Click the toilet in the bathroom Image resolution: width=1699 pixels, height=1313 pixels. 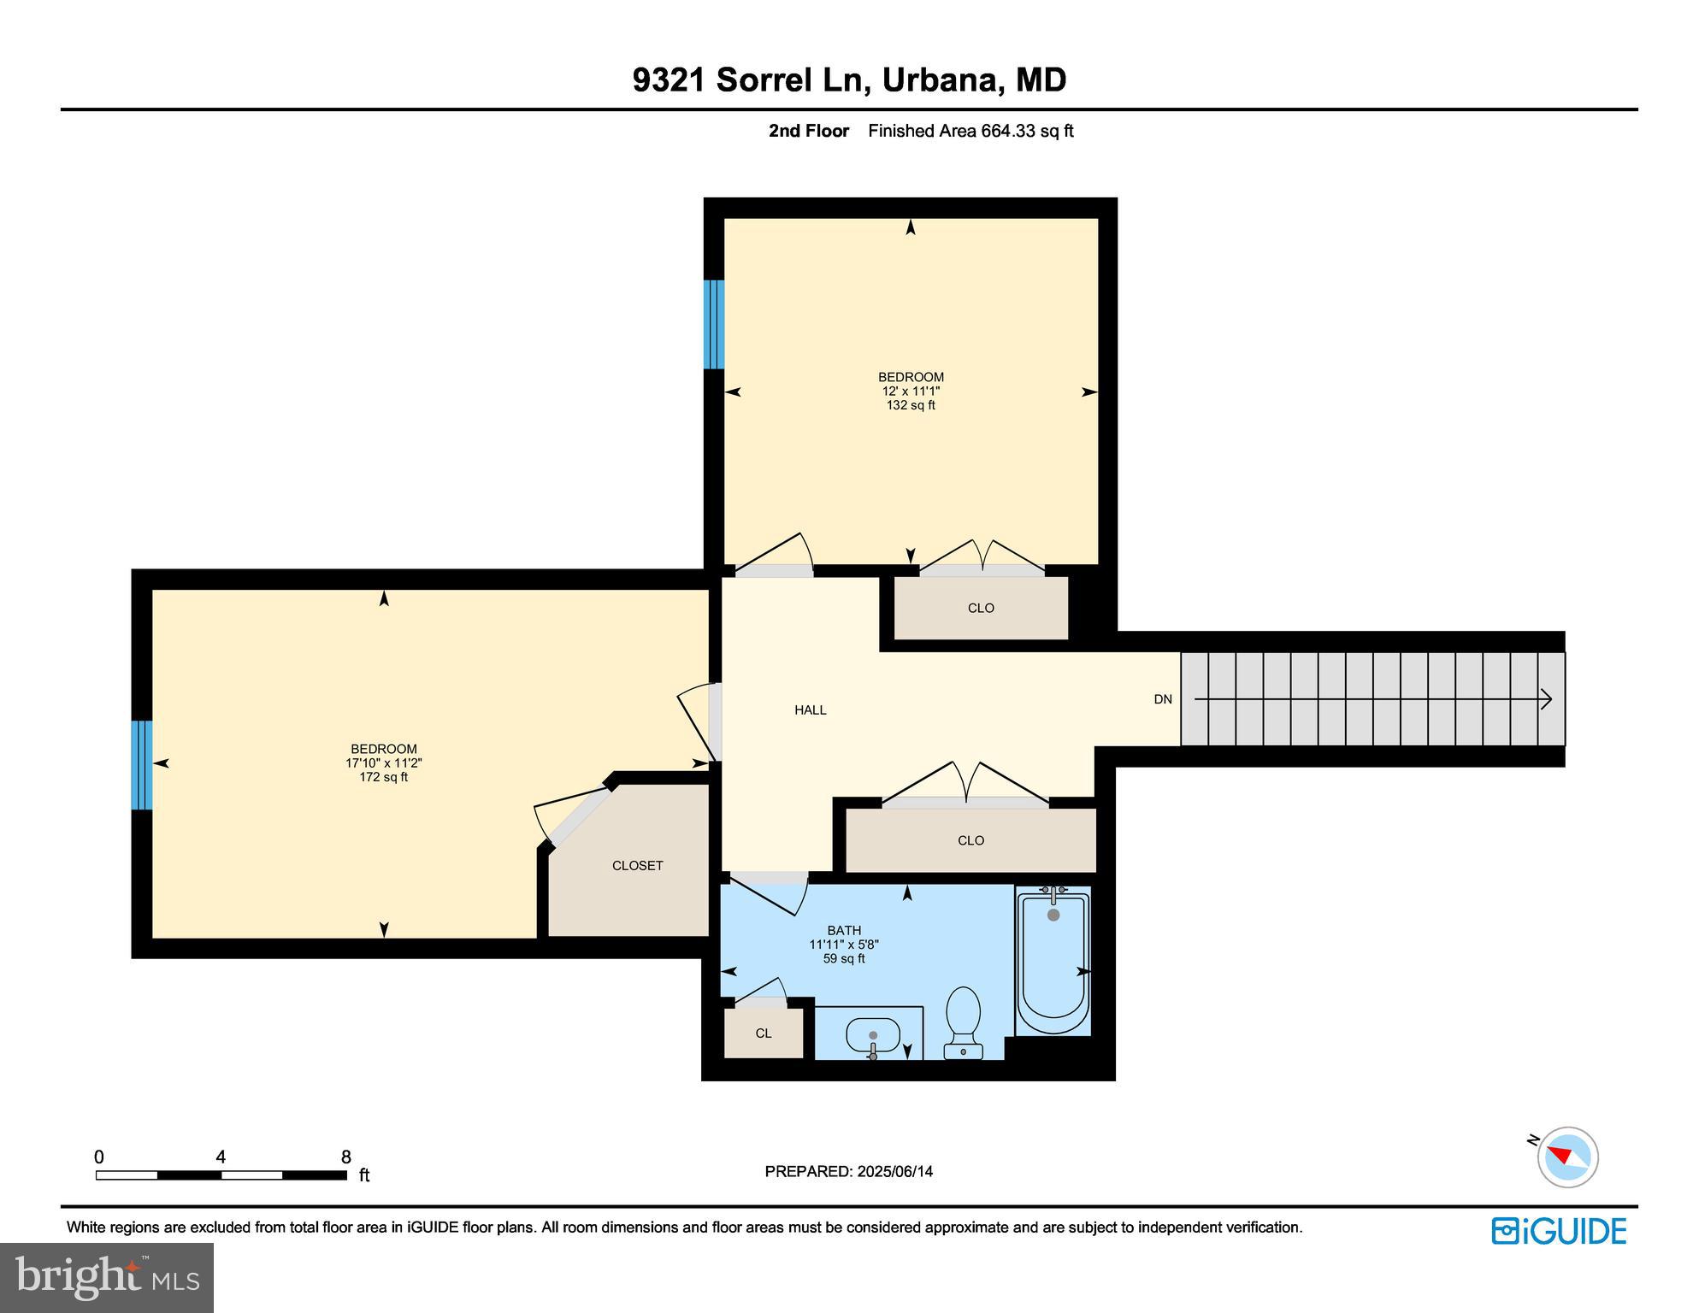pos(964,1021)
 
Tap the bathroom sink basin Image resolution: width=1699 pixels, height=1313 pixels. pos(873,1035)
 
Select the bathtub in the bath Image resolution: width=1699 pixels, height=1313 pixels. pos(1053,963)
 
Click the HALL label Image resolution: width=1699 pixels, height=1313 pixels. pos(810,709)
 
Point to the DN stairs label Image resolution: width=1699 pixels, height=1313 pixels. pos(1162,699)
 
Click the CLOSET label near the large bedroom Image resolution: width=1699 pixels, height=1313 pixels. pos(637,865)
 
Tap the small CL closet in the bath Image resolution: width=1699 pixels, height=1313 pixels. pos(764,1033)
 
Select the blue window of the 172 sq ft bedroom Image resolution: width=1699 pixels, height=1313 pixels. pos(142,764)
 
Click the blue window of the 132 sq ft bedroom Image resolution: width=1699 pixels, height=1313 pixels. pos(714,324)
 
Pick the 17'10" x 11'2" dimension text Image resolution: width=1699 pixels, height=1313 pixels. pos(383,763)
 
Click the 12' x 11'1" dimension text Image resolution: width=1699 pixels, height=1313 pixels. pos(911,391)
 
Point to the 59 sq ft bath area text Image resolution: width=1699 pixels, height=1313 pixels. pos(844,958)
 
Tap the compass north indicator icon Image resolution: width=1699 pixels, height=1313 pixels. pos(1566,1157)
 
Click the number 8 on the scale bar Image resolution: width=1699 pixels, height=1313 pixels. pos(345,1157)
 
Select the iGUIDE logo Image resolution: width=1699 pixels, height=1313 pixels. pos(1558,1231)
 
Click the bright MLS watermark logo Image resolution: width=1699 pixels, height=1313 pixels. pos(106,1277)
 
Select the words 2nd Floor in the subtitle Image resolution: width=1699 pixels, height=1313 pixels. pos(808,131)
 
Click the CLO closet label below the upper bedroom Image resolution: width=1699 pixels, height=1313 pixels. pos(981,608)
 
